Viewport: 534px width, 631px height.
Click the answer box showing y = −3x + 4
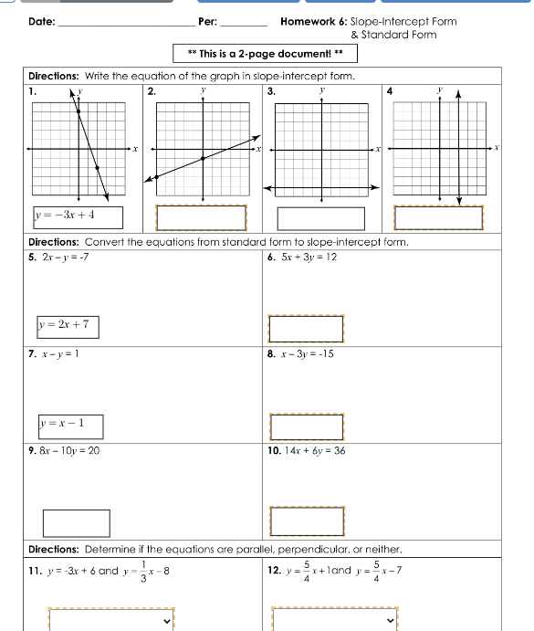[x=77, y=217]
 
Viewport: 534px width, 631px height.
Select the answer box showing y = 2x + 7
[x=68, y=326]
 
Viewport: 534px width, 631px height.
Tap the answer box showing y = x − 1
[x=71, y=426]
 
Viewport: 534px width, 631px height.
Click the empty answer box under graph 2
[x=201, y=218]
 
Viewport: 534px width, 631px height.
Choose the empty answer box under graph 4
[x=438, y=218]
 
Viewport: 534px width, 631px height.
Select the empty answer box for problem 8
[x=307, y=426]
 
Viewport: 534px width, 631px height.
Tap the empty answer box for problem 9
[x=77, y=522]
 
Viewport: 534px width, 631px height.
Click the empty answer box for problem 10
[x=307, y=522]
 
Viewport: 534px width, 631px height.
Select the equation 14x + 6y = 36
[x=313, y=451]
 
